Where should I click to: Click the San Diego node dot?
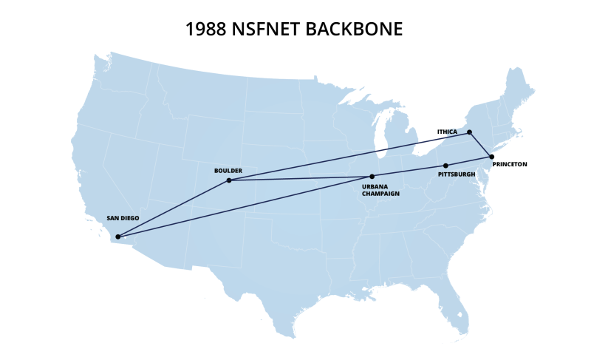[x=118, y=237]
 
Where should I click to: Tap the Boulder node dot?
[x=229, y=180]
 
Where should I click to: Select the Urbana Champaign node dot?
[x=372, y=177]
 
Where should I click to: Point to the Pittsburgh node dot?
[x=445, y=166]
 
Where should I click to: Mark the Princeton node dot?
[x=491, y=157]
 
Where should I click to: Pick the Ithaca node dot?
[x=469, y=132]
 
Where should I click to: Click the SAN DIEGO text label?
[x=123, y=219]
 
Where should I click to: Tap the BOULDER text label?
[x=228, y=170]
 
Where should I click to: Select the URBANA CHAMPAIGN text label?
[x=380, y=190]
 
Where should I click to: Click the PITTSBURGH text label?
[x=457, y=174]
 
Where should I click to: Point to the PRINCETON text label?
[x=510, y=164]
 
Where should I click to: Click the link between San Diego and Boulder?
[x=174, y=208]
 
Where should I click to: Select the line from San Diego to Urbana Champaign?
[x=244, y=207]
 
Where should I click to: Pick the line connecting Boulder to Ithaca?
[x=347, y=157]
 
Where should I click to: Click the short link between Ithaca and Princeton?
[x=480, y=145]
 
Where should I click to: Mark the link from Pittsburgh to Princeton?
[x=468, y=161]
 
